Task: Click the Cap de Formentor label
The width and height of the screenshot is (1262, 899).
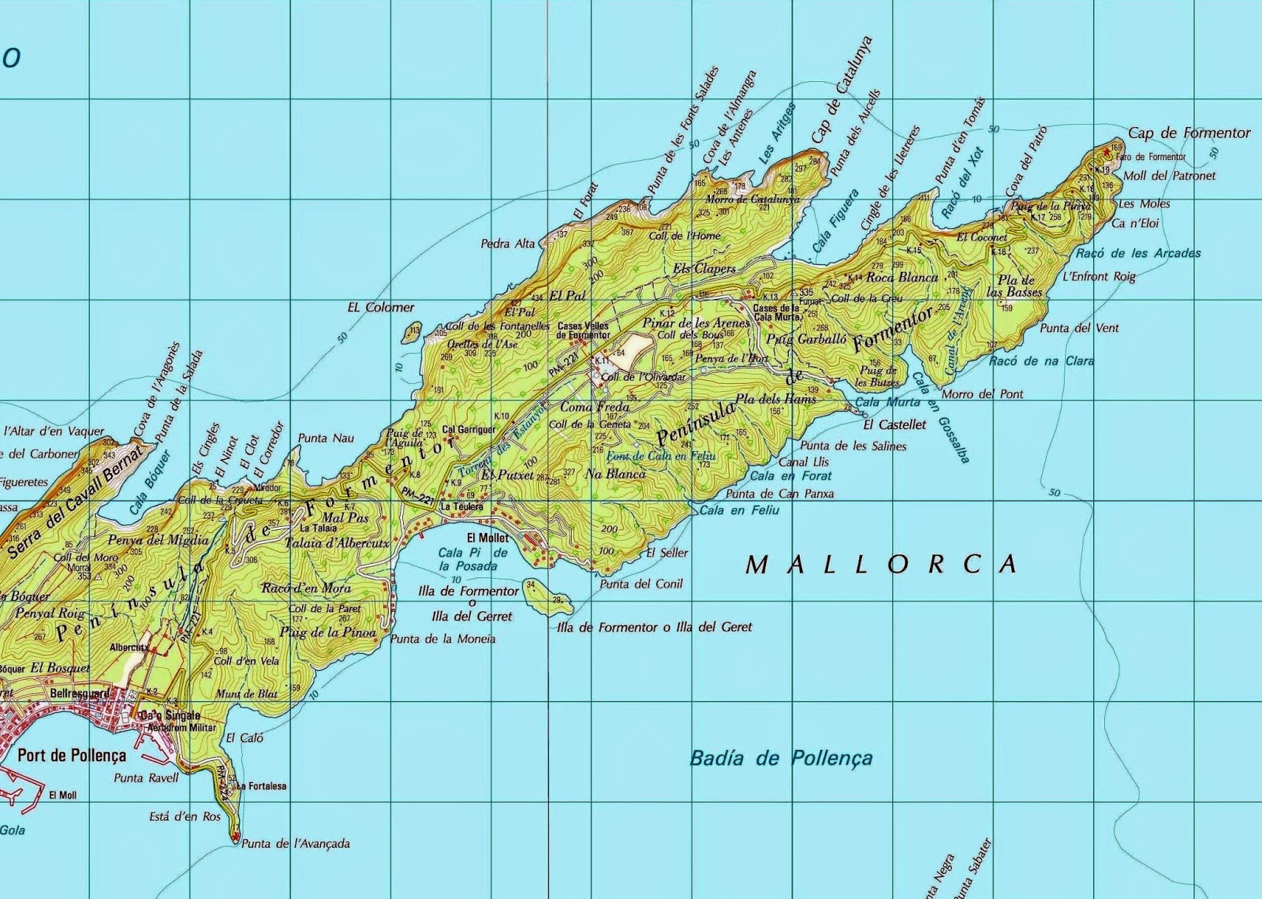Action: click(1189, 133)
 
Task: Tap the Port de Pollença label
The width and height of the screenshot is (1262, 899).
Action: click(71, 755)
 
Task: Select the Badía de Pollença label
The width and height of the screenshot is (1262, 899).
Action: click(781, 759)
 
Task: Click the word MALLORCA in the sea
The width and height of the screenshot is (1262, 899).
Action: click(882, 564)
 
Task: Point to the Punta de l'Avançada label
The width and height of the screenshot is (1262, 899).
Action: click(295, 843)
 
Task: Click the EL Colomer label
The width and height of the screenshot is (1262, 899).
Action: click(380, 308)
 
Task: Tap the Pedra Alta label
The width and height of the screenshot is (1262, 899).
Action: click(508, 244)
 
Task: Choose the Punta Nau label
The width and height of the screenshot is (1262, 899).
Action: click(326, 438)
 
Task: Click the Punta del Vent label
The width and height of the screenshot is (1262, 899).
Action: click(1079, 328)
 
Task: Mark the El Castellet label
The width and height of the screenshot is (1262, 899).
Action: click(894, 424)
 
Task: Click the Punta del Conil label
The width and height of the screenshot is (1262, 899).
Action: click(640, 584)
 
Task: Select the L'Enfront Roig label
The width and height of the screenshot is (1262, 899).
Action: click(1099, 277)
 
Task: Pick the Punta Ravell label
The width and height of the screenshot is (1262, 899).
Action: click(146, 778)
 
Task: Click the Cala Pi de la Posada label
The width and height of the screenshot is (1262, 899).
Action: click(468, 560)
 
